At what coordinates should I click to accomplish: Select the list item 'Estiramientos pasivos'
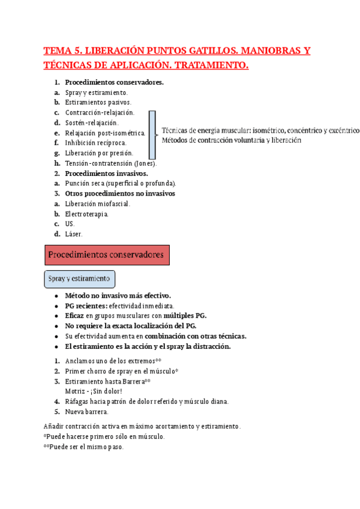(x=98, y=102)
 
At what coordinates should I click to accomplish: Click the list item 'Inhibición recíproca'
(x=95, y=143)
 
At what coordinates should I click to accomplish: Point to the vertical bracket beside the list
(x=152, y=133)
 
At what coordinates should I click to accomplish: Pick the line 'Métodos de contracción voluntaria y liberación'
(x=231, y=140)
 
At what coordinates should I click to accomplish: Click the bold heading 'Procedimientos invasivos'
(x=106, y=173)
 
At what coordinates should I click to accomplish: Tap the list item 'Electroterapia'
(x=87, y=214)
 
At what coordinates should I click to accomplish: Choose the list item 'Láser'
(x=74, y=234)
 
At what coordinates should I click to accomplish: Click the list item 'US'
(x=70, y=224)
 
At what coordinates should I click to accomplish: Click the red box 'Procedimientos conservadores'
(x=107, y=255)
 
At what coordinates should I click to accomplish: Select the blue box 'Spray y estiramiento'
(x=80, y=279)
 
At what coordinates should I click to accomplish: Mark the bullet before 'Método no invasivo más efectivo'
(x=56, y=295)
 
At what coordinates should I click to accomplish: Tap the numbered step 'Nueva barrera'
(x=87, y=412)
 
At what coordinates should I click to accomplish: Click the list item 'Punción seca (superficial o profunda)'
(x=121, y=184)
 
